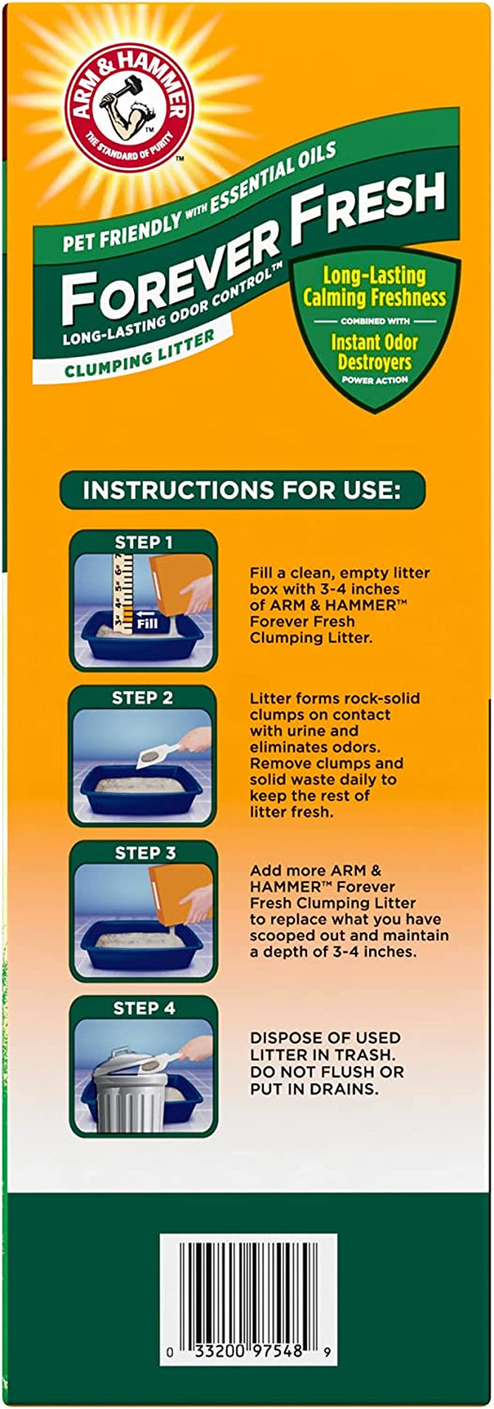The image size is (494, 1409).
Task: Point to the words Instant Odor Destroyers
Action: coord(374,352)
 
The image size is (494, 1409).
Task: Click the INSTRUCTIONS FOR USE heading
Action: coord(242,490)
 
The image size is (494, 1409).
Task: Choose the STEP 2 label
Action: coord(142,698)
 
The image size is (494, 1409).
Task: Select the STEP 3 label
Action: coord(145,853)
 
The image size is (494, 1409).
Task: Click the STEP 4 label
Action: coord(144,1008)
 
